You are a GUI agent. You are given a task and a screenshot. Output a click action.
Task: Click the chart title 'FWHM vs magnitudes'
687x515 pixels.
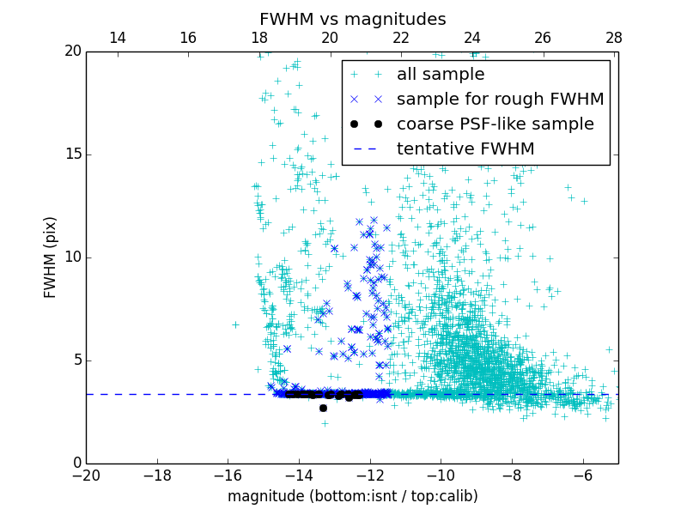click(x=352, y=19)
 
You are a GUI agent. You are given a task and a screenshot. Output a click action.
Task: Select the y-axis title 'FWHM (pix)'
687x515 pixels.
click(x=51, y=257)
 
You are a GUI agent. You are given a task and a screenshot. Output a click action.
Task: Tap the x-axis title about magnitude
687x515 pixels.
click(x=352, y=496)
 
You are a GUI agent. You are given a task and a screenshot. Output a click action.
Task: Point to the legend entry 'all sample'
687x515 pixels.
click(x=441, y=75)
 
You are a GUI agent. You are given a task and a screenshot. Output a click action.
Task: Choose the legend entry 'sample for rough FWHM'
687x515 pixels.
click(x=500, y=100)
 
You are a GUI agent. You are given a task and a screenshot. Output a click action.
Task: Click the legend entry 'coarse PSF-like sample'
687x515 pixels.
click(x=495, y=124)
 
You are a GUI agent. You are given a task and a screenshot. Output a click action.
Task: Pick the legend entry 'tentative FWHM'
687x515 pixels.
click(x=465, y=149)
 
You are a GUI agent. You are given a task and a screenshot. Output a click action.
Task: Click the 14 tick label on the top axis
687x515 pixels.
click(x=118, y=38)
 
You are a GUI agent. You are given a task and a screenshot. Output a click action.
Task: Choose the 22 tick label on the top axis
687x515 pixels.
click(x=401, y=38)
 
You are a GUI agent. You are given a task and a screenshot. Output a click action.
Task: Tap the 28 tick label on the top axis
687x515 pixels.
click(x=614, y=38)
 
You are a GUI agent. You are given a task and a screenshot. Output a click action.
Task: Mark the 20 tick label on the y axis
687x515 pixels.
click(x=72, y=51)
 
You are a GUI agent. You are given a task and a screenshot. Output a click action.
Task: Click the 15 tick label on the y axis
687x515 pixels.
click(x=72, y=154)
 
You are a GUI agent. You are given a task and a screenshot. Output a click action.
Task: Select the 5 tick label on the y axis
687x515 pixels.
click(x=76, y=360)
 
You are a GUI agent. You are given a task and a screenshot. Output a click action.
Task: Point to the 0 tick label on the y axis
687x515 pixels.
click(x=76, y=463)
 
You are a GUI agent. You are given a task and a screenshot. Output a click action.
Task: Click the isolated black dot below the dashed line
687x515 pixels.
click(x=323, y=408)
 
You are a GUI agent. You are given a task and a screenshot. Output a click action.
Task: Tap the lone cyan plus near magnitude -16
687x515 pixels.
click(x=235, y=324)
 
